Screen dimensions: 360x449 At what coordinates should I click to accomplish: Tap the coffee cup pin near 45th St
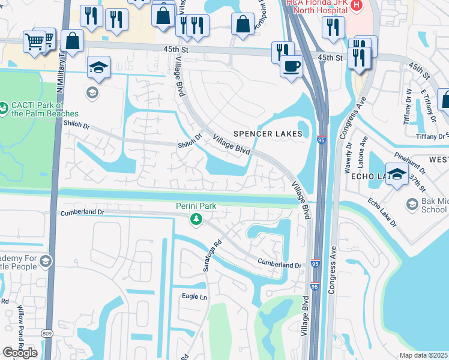[x=292, y=65]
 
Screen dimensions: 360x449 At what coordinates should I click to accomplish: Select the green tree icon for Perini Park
[x=195, y=220]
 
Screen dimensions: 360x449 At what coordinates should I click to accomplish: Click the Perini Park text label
[x=195, y=206]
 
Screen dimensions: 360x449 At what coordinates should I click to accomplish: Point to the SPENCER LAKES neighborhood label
[x=268, y=134]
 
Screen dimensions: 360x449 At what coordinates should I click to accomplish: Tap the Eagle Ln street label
[x=194, y=296]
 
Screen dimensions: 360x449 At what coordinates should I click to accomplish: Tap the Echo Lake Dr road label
[x=383, y=212]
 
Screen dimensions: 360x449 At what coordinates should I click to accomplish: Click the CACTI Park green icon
[x=3, y=106]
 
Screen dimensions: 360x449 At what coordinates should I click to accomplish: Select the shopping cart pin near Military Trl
[x=34, y=42]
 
